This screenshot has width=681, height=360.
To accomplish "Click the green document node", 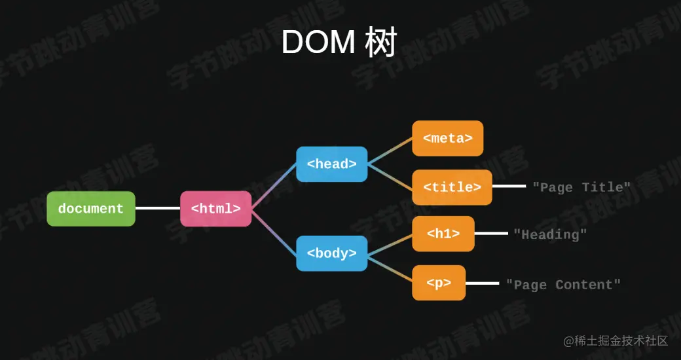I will (91, 209).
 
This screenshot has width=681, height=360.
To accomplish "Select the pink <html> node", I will (216, 209).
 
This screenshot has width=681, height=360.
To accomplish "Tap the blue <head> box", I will (332, 164).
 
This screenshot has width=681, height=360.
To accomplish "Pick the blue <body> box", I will (332, 253).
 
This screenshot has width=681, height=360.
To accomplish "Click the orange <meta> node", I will (448, 138).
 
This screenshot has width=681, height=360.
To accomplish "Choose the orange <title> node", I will (452, 187).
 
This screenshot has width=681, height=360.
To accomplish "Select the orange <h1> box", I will (443, 234).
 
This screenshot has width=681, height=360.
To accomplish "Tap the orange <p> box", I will (439, 283).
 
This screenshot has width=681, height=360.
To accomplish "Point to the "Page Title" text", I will (581, 187).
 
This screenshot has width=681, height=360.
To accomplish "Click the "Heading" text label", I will (550, 234).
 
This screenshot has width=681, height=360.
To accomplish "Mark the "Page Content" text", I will (563, 285).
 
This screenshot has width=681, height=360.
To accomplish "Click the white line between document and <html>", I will (158, 209).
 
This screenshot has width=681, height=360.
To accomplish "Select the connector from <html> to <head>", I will (274, 187).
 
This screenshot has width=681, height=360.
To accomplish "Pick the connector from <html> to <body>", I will (274, 231).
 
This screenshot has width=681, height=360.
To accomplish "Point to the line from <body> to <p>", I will (390, 268).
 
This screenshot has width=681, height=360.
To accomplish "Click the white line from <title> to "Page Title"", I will (509, 187).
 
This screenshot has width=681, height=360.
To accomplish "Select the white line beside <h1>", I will (491, 233).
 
